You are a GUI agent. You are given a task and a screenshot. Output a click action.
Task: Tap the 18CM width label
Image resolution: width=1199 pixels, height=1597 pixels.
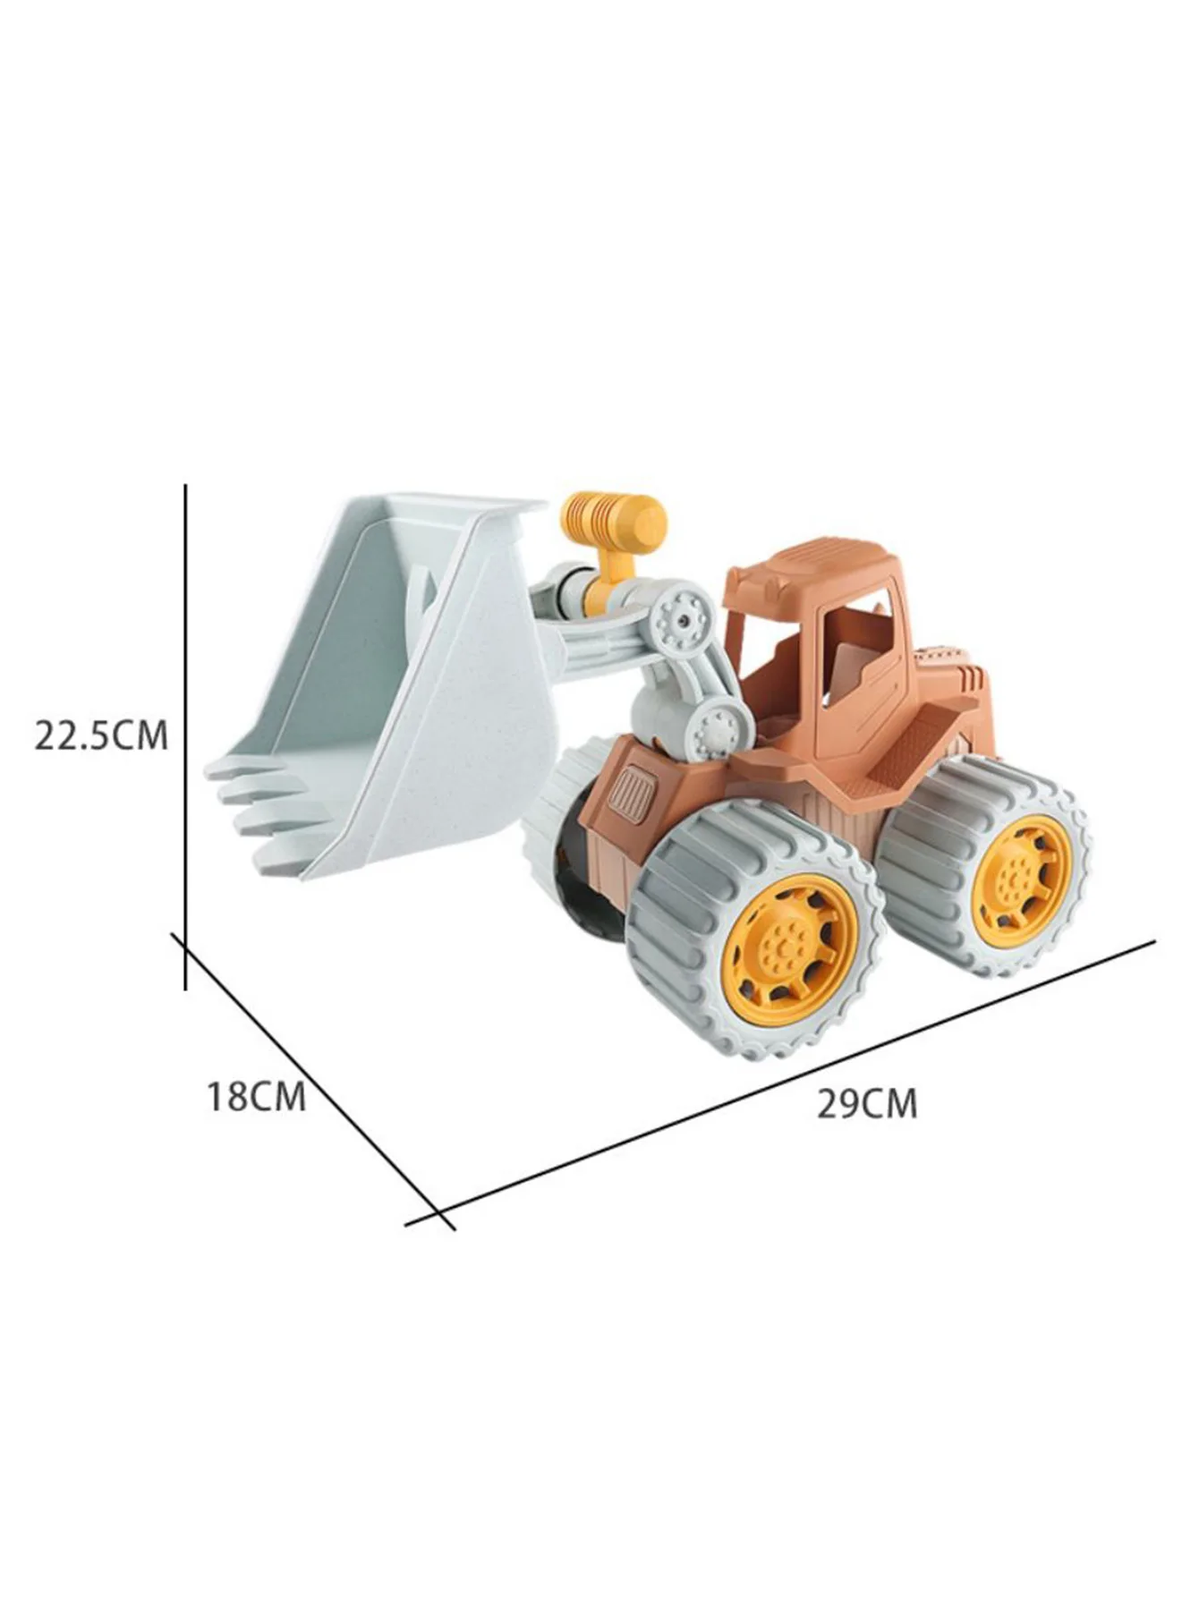pyautogui.click(x=257, y=1097)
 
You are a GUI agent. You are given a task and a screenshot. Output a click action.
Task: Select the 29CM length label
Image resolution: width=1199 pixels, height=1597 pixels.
pyautogui.click(x=867, y=1104)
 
